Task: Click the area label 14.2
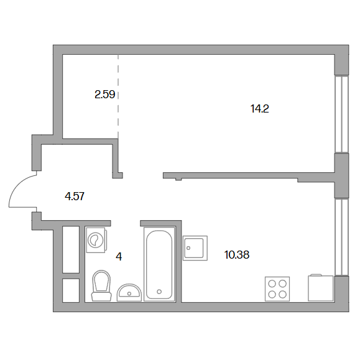coord(259,109)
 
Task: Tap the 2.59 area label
coord(104,95)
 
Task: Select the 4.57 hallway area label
coord(75,196)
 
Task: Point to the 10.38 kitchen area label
coord(237,255)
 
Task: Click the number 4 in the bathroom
coord(119,256)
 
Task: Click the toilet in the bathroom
coord(101,285)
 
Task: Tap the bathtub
coord(159,264)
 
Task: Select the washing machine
coord(96,240)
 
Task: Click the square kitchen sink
coord(195,248)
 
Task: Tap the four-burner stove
coord(277,289)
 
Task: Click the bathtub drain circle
coord(159,292)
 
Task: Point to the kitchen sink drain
coord(188,248)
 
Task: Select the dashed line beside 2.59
coord(118,96)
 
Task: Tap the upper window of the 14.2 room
coord(341,114)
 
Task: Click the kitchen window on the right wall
coord(341,237)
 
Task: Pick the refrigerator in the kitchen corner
coord(320,288)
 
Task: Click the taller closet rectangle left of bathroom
coord(71,250)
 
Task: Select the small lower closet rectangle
coord(71,290)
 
